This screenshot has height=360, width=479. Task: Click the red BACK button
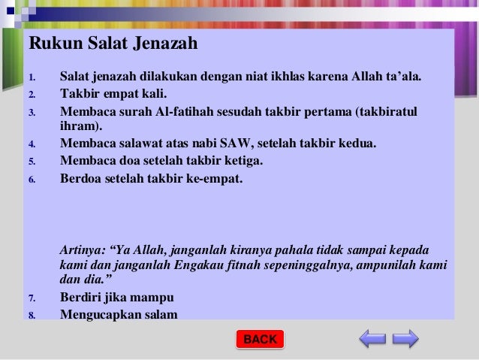click(x=260, y=340)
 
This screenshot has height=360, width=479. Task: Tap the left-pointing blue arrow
click(x=372, y=339)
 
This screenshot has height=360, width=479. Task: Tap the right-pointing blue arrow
click(x=405, y=339)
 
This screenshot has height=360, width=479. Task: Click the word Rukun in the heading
click(x=52, y=44)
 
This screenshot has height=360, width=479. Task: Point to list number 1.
click(x=32, y=77)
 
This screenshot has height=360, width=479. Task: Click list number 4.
click(x=32, y=144)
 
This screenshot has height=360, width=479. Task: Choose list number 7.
click(x=32, y=298)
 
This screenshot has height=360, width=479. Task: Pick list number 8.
click(x=32, y=315)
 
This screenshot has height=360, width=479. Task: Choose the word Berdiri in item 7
click(x=83, y=297)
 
